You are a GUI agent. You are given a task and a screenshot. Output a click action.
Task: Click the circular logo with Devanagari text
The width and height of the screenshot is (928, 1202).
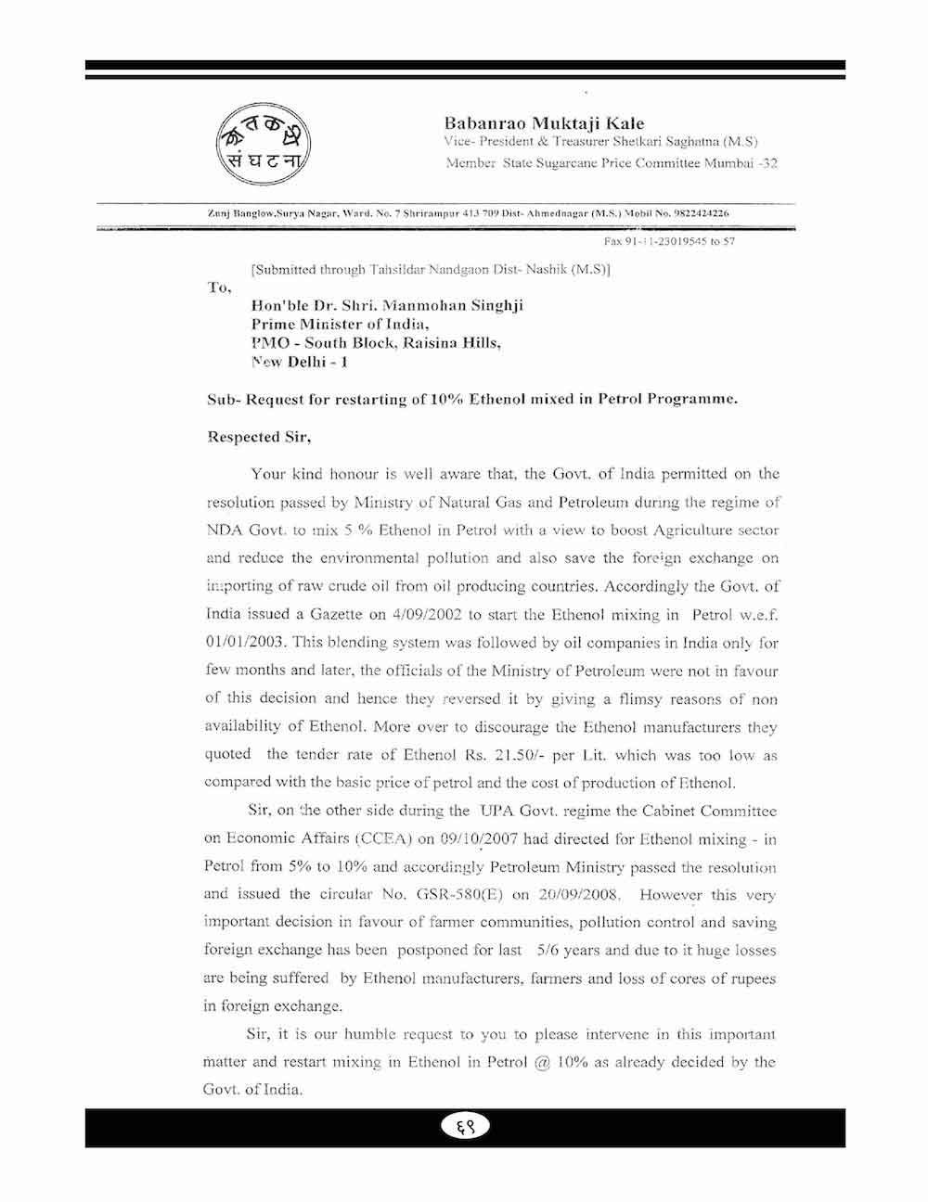264,146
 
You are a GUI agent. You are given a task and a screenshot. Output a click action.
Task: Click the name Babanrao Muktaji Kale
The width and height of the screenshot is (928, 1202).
544,123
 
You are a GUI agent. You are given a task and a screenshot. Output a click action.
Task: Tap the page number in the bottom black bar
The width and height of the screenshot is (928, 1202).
464,1127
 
